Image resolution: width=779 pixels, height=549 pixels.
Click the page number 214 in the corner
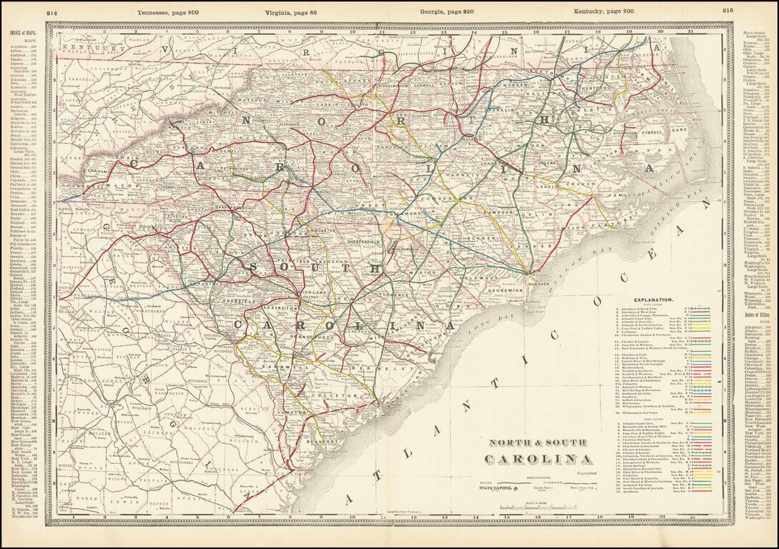[x=52, y=11]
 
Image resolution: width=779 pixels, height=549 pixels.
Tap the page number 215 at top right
[x=728, y=11]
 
